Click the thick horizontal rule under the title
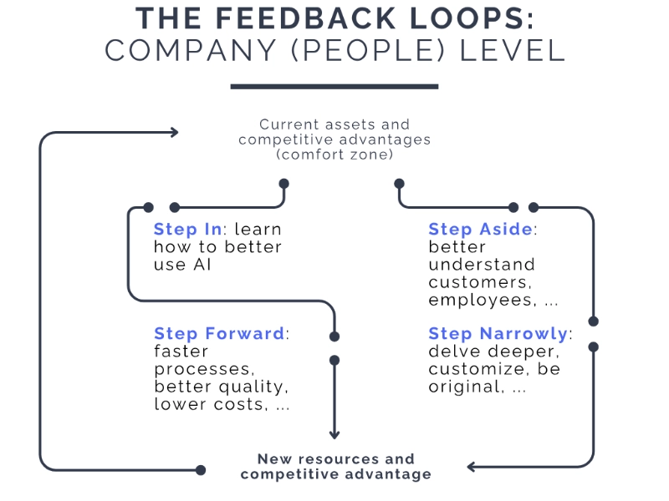coord(334,86)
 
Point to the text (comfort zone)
coord(334,154)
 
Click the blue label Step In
coord(188,230)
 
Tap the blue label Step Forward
coord(219,334)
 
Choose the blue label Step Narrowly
coord(498,334)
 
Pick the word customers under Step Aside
coord(474,282)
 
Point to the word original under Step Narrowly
coord(461,387)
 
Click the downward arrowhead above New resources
coord(334,433)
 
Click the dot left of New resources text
coord(201,470)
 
